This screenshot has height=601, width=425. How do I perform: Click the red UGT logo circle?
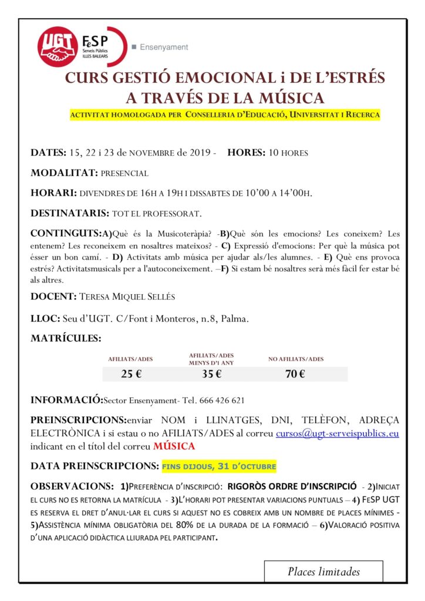click(58, 46)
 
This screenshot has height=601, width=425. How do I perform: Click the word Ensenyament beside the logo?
click(164, 47)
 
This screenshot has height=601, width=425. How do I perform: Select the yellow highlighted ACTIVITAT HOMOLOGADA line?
click(225, 114)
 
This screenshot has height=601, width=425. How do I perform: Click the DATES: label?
click(48, 153)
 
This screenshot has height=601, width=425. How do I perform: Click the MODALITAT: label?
click(64, 173)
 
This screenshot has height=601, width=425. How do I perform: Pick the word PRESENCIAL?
click(124, 174)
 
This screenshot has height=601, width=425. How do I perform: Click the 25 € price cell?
click(131, 374)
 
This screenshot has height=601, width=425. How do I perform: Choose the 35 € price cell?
click(211, 374)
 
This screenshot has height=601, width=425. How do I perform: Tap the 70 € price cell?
click(295, 374)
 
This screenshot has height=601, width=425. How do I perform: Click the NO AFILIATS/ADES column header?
click(295, 359)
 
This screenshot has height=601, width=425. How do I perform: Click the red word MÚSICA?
click(174, 446)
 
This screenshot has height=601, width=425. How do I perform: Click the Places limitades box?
click(323, 571)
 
